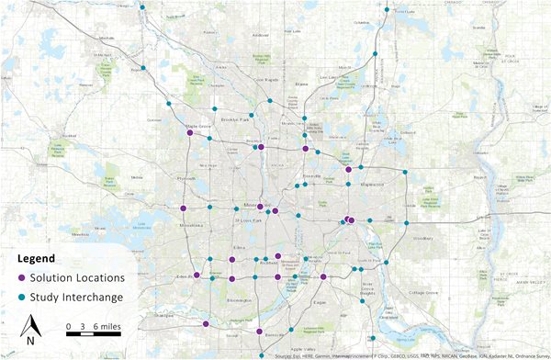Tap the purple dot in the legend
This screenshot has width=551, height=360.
tap(21, 278)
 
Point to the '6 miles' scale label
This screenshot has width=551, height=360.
tap(106, 326)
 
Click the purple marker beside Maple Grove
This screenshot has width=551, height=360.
tap(190, 132)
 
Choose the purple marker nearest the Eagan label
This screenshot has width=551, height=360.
tap(323, 276)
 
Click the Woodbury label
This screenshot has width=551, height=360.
tap(423, 239)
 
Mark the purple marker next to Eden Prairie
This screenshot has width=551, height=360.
tap(197, 275)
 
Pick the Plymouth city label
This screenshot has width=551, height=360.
tap(187, 180)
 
